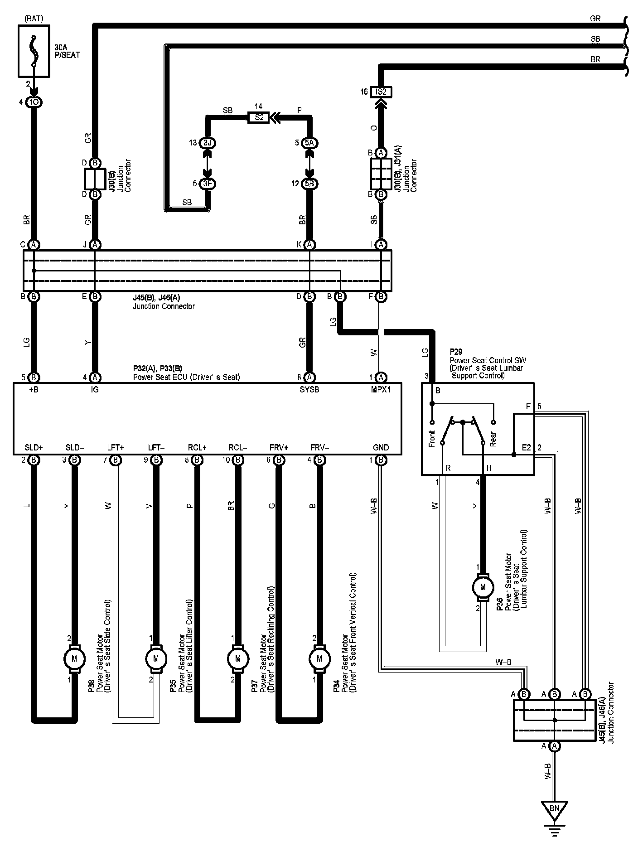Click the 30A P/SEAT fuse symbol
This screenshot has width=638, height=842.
point(34,50)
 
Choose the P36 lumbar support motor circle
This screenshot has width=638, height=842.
point(483,587)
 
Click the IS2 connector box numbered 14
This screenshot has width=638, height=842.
point(258,117)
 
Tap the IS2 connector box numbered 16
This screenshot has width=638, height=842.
point(381,92)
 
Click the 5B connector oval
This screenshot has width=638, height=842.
point(310,184)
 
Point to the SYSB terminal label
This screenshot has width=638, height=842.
point(309,389)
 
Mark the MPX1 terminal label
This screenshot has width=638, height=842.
point(381,389)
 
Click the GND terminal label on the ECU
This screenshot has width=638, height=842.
point(381,447)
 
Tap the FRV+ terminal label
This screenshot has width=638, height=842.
point(279,447)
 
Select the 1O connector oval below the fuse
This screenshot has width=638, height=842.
point(34,102)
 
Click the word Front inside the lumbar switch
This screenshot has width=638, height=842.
point(431,439)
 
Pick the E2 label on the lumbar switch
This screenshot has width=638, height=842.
point(526,447)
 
